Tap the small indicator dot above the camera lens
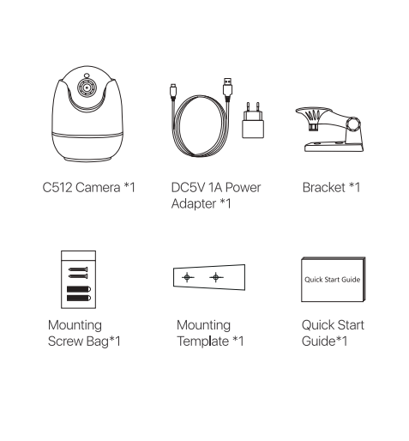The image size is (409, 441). click(x=87, y=76)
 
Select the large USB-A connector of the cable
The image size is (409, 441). click(x=227, y=88)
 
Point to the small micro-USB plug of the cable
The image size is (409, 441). click(x=173, y=91)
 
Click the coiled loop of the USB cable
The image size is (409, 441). click(x=200, y=126)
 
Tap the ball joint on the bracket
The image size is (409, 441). click(x=353, y=124)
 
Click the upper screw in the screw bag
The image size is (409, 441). click(x=78, y=269)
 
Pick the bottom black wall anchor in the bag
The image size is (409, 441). click(x=79, y=298)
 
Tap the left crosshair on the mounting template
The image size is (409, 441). click(x=187, y=277)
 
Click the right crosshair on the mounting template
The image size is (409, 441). click(x=216, y=277)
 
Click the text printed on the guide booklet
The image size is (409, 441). click(x=332, y=280)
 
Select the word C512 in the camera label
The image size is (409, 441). click(x=57, y=188)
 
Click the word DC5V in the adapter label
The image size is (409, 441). click(x=188, y=188)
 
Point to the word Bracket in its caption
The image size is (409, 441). click(x=323, y=188)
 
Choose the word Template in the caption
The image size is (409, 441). click(x=203, y=341)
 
